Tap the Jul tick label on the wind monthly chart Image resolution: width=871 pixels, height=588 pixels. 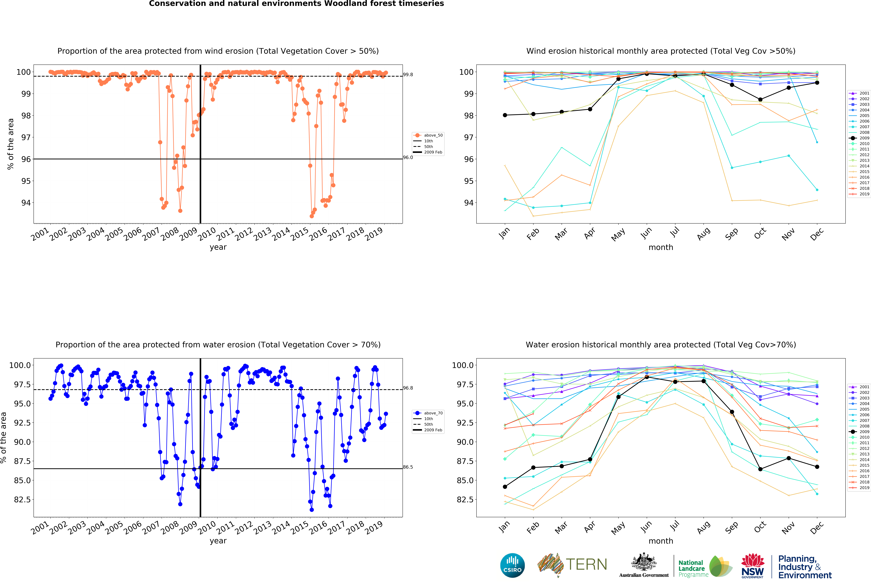click(675, 232)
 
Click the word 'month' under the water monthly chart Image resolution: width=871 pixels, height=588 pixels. click(661, 541)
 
